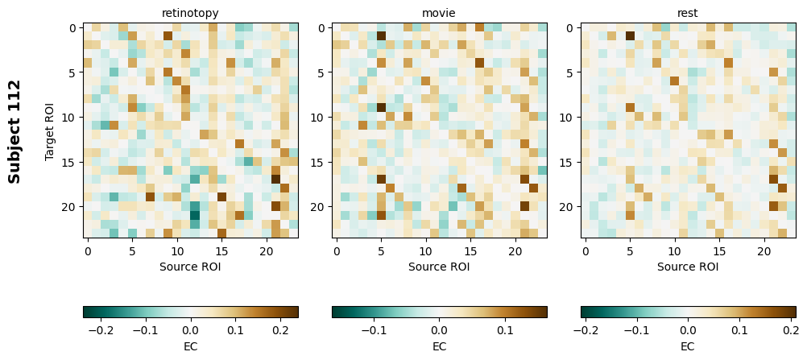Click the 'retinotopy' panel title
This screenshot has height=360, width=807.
(x=190, y=13)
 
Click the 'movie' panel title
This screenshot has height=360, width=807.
(x=439, y=13)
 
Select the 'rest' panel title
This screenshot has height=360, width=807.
(x=688, y=13)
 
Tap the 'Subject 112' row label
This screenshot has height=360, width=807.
(x=14, y=131)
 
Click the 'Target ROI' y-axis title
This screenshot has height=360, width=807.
(x=50, y=131)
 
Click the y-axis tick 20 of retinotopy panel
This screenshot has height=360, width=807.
(x=70, y=207)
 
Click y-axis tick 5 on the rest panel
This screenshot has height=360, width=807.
(x=569, y=72)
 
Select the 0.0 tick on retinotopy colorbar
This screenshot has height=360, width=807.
(x=190, y=330)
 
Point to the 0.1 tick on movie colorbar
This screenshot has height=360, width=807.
(x=505, y=330)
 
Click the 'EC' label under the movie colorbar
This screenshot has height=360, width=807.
(x=439, y=346)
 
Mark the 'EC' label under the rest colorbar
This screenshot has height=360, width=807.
(x=688, y=346)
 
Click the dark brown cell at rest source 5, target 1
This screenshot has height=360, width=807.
(x=631, y=36)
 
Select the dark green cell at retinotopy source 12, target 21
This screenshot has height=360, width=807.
(x=195, y=215)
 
